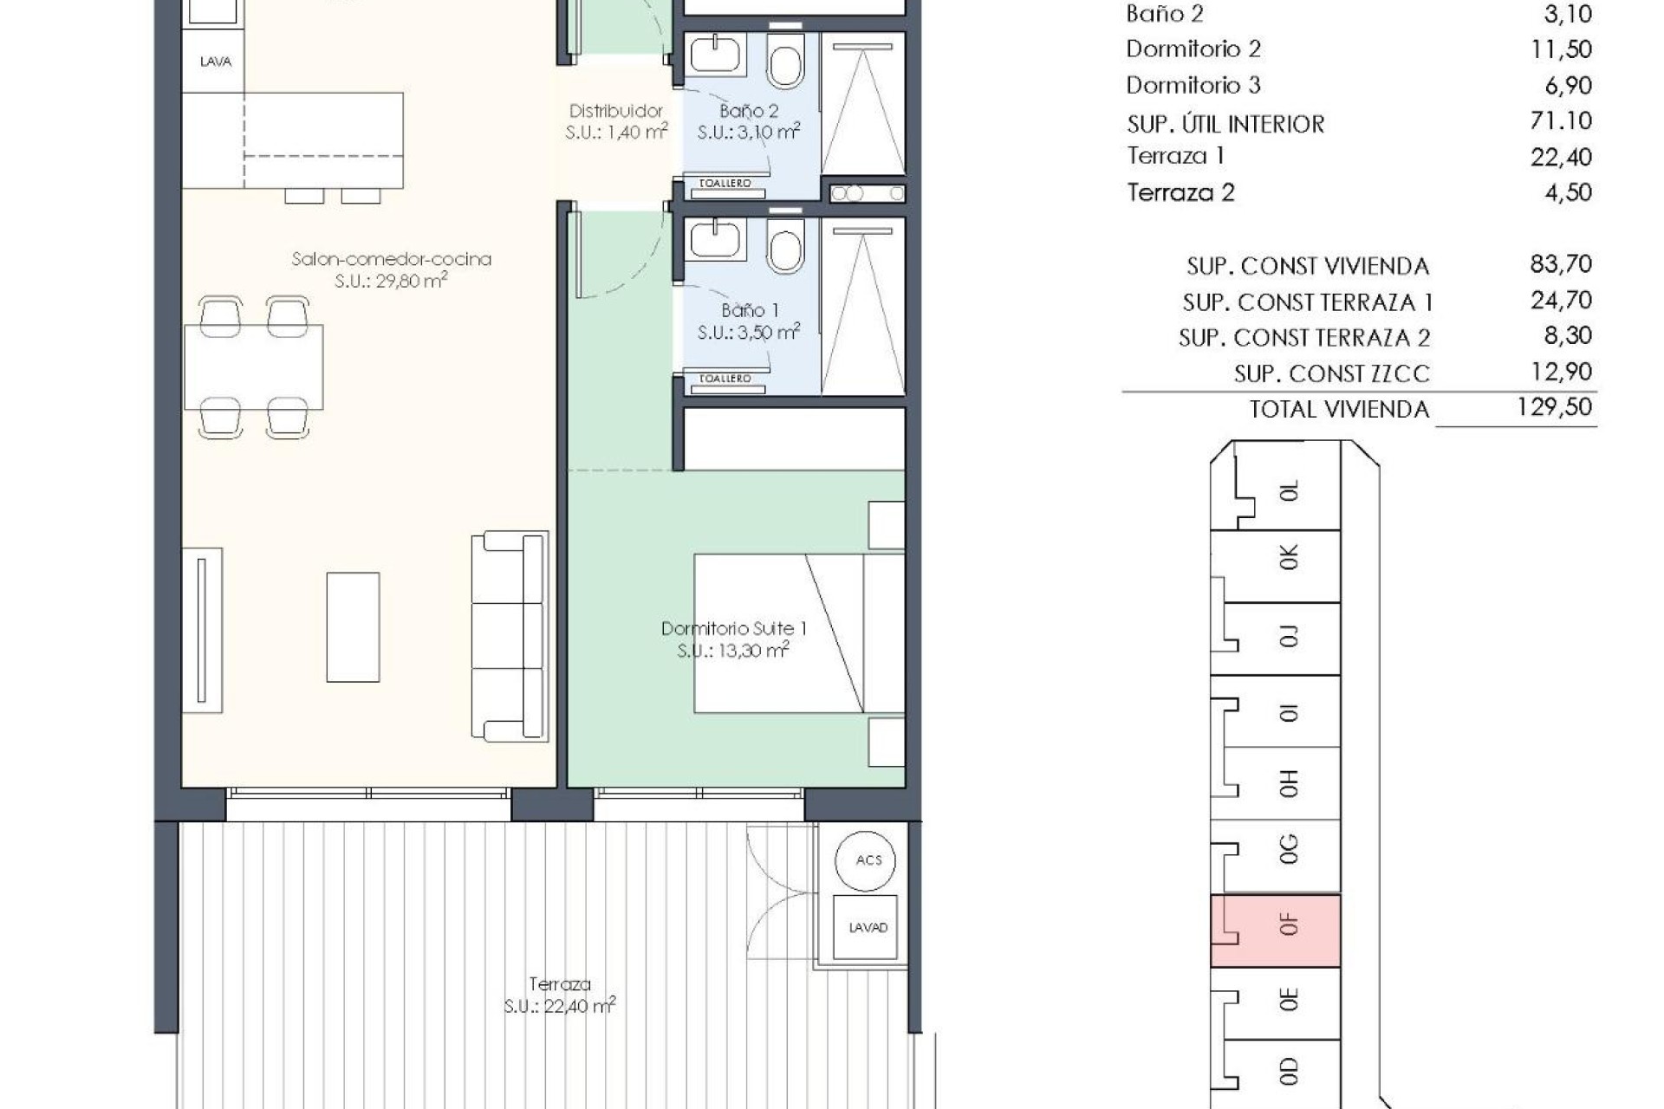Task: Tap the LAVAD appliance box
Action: click(x=868, y=927)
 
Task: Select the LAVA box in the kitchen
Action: click(x=215, y=62)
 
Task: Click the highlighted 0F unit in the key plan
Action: click(x=1276, y=931)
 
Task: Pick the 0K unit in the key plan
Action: click(x=1276, y=565)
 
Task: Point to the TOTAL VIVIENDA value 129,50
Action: click(x=1555, y=407)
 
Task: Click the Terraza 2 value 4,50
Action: click(x=1568, y=192)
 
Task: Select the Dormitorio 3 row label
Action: click(x=1193, y=86)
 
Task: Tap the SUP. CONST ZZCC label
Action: click(x=1332, y=373)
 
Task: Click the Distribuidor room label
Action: click(x=615, y=111)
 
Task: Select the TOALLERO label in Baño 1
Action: click(x=725, y=379)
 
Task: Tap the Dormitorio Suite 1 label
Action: click(x=733, y=629)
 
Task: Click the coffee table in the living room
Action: click(x=353, y=626)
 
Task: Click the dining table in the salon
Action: click(x=254, y=367)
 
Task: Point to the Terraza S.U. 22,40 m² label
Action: click(x=560, y=996)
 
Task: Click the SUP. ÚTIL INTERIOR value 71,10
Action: click(x=1561, y=121)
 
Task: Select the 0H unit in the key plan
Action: click(x=1276, y=783)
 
